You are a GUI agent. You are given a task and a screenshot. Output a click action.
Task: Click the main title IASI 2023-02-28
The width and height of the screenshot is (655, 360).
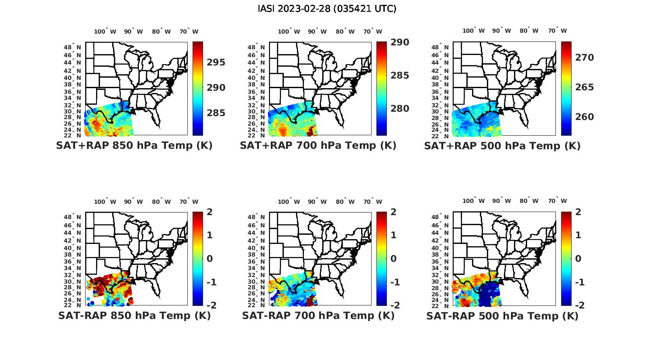click(x=327, y=9)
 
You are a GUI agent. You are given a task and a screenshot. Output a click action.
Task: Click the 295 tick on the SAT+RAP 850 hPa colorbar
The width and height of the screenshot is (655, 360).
click(x=216, y=62)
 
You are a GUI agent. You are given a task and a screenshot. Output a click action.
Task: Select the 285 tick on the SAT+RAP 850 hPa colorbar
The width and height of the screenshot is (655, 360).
click(x=216, y=113)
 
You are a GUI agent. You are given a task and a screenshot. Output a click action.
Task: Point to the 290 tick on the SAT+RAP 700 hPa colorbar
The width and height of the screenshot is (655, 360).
click(x=400, y=42)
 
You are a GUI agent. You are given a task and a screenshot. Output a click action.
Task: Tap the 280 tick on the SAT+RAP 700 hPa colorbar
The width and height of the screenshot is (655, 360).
click(x=400, y=109)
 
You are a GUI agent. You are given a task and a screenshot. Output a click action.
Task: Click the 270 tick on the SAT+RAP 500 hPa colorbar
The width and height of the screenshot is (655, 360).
click(x=584, y=58)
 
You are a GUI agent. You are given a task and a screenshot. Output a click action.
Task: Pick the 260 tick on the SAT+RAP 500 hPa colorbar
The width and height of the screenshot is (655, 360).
click(x=584, y=117)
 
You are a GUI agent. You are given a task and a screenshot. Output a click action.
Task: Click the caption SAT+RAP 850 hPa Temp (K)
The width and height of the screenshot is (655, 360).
click(x=134, y=146)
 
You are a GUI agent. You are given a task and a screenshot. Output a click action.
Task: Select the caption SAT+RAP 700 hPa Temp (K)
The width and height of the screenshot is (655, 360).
click(x=318, y=146)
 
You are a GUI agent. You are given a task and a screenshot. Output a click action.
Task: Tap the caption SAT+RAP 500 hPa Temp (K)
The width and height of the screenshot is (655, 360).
click(x=502, y=146)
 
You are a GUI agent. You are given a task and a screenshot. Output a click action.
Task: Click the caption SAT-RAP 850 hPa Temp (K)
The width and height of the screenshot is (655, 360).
click(x=134, y=315)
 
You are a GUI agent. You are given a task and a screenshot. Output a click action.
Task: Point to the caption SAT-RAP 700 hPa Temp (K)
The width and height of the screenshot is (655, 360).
click(x=318, y=315)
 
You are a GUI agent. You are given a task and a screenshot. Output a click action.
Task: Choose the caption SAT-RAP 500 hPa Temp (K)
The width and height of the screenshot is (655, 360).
click(x=502, y=315)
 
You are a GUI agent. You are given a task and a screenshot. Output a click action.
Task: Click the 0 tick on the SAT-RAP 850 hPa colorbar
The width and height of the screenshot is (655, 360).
click(x=210, y=259)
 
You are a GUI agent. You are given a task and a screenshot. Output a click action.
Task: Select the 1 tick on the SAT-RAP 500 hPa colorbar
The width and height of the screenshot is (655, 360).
click(x=579, y=235)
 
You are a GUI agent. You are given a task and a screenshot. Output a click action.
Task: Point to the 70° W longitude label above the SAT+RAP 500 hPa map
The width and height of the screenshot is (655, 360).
click(x=557, y=31)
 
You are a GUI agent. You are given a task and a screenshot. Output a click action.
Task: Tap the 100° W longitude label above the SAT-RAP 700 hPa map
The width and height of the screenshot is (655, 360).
click(x=289, y=202)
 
